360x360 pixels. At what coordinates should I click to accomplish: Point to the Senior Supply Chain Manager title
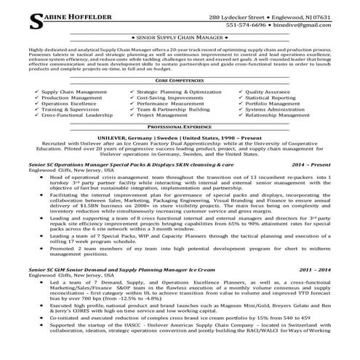click(x=180, y=36)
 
